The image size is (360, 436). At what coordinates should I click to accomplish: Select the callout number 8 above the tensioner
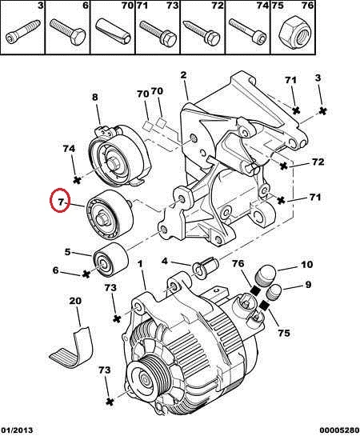point(95,98)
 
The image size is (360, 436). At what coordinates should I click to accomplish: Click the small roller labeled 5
point(111,260)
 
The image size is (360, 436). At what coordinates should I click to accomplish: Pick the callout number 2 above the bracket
point(183,75)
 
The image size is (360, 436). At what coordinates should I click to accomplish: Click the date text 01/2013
point(17,430)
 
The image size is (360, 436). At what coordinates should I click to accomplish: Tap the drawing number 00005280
point(339,430)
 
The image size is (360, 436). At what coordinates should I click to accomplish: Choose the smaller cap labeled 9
point(274,292)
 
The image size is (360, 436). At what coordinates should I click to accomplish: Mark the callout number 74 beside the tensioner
point(69,149)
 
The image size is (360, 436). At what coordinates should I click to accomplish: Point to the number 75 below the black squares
point(283,333)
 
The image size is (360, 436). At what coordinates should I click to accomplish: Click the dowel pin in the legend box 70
point(113,32)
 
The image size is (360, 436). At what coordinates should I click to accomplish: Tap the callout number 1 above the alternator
point(140,264)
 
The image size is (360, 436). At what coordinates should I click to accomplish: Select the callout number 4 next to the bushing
point(165,261)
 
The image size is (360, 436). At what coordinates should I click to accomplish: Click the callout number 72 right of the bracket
point(318,162)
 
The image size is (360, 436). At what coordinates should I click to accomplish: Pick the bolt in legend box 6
point(68,31)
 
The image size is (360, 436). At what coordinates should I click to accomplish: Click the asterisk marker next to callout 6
point(86,274)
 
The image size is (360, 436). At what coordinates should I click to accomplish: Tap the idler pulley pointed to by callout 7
point(110,213)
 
